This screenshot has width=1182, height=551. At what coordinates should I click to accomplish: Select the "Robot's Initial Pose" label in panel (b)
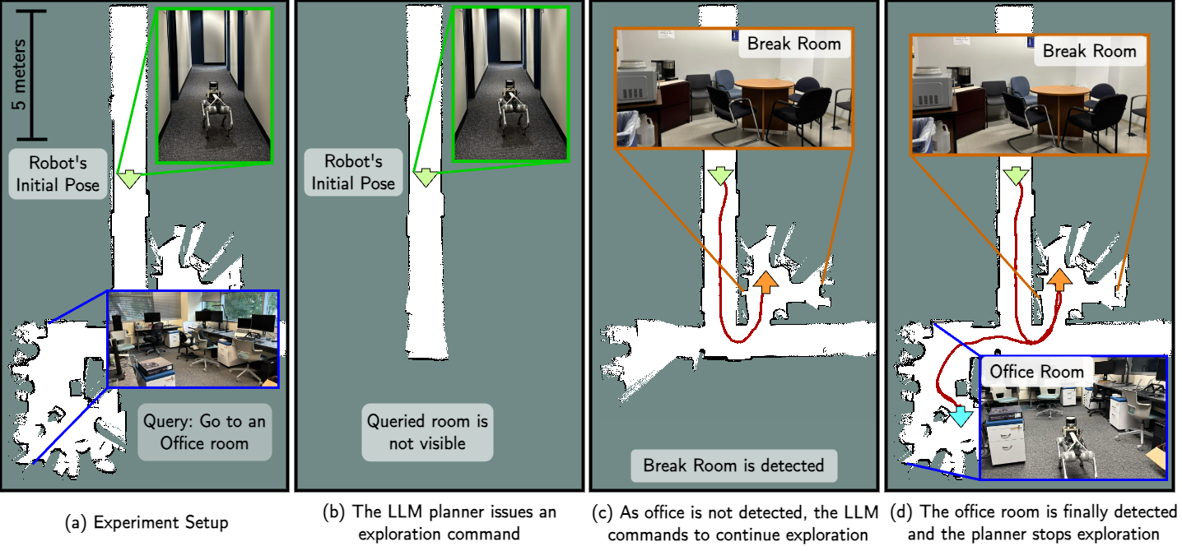pos(353,173)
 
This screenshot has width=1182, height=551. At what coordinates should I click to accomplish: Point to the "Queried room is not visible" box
pos(427,433)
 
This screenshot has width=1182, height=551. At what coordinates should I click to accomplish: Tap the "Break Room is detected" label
pos(733,465)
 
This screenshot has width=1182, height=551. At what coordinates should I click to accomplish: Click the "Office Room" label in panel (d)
pos(1036,372)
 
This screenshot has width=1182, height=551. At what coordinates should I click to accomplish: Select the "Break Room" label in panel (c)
pos(793,44)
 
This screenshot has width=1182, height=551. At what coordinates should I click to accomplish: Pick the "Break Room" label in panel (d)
pos(1089,51)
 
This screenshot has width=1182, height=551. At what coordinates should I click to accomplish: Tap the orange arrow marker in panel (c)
pos(766,282)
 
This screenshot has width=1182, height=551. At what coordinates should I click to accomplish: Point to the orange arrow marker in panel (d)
pos(1060,282)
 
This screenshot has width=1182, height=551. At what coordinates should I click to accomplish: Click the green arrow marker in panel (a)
pos(128,178)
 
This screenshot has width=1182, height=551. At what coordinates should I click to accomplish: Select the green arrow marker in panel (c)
pos(719,176)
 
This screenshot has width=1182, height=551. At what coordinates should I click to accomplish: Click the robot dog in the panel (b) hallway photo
pos(510,113)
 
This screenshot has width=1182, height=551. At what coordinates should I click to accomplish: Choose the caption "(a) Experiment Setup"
pos(146,522)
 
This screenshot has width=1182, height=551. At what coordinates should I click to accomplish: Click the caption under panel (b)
pos(440,522)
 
